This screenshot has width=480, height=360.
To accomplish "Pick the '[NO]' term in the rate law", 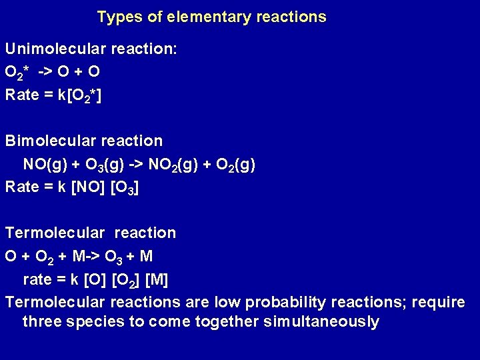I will coord(87,187).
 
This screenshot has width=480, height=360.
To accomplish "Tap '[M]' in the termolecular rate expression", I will coord(157,279).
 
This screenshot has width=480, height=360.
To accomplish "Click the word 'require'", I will coord(438,302).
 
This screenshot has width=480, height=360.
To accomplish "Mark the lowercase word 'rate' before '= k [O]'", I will coord(37,279).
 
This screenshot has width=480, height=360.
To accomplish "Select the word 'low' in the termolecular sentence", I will coord(228,302).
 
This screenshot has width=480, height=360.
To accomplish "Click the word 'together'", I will coord(228,322).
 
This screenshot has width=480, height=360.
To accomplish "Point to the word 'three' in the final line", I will coord(42,322).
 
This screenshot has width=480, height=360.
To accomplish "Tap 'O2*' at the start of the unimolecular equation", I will coord(17,71).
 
